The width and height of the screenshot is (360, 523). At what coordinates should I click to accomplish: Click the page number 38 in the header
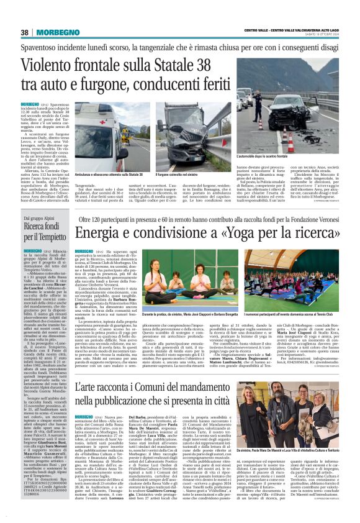pos(24,32)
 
